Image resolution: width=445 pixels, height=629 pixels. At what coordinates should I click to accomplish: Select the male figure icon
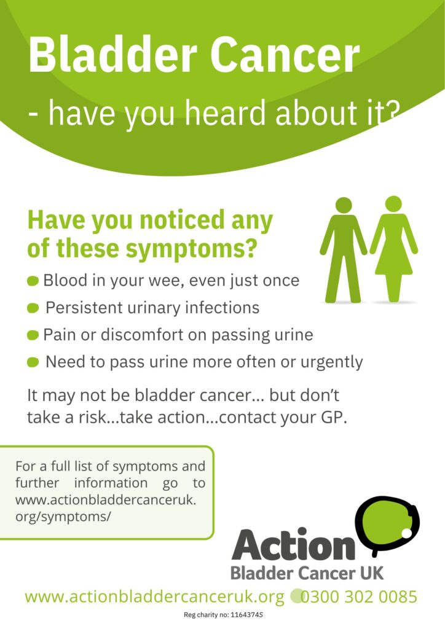(344, 250)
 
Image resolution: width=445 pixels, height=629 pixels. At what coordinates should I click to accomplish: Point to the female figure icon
(393, 249)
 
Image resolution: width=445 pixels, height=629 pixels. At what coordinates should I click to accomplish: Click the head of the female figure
(393, 204)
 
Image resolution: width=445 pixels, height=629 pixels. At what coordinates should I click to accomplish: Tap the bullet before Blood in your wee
(33, 281)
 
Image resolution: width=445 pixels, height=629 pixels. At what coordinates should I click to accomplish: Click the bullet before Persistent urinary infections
(33, 308)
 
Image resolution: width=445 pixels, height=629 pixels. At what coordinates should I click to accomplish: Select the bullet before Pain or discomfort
(33, 335)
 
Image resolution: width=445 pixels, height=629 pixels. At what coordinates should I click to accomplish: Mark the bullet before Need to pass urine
(33, 362)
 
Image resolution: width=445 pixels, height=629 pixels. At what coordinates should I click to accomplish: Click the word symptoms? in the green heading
(191, 249)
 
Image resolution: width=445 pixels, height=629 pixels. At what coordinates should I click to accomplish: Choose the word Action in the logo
(293, 544)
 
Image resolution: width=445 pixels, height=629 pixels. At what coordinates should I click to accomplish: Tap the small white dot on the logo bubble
(407, 533)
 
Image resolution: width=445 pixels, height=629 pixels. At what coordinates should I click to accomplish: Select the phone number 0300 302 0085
(359, 597)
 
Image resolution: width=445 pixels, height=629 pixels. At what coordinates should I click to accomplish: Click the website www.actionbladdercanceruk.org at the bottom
(154, 597)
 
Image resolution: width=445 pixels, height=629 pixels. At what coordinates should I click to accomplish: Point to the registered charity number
(223, 615)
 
